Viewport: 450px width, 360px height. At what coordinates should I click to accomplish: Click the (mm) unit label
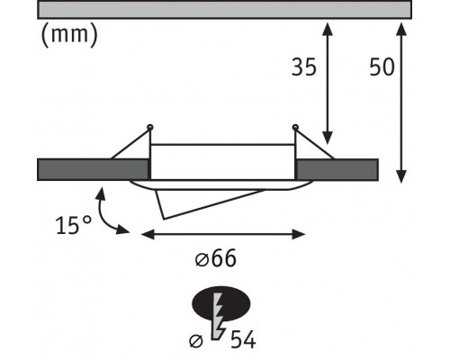(x=69, y=35)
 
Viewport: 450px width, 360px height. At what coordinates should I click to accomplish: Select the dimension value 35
(x=304, y=67)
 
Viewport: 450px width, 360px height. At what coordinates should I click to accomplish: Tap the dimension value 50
(x=382, y=67)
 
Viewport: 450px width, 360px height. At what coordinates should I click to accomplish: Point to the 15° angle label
(x=74, y=225)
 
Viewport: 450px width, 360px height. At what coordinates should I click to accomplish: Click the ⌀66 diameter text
(x=216, y=258)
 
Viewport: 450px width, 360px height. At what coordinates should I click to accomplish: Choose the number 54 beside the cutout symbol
(x=243, y=340)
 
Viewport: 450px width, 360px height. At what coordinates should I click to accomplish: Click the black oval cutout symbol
(x=221, y=303)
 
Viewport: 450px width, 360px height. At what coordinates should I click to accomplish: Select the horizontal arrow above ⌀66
(x=223, y=234)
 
